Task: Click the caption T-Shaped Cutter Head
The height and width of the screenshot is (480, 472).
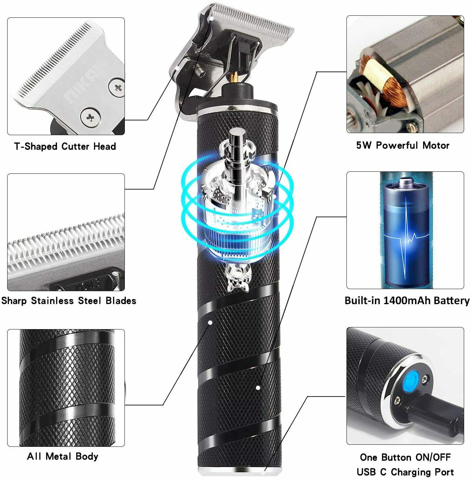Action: tap(65, 146)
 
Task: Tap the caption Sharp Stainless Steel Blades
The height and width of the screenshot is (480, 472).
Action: tap(69, 301)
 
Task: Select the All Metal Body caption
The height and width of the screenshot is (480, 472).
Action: tap(63, 456)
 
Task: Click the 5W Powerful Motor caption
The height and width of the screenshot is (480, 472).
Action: tap(403, 145)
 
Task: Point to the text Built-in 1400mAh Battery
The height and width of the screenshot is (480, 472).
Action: tap(407, 300)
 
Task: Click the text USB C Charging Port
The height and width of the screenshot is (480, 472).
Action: tap(405, 472)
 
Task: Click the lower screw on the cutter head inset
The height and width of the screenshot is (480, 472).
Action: tap(91, 117)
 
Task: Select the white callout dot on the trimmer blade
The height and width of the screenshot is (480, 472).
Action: tap(211, 18)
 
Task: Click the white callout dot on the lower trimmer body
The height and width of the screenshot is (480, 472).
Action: tap(258, 388)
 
